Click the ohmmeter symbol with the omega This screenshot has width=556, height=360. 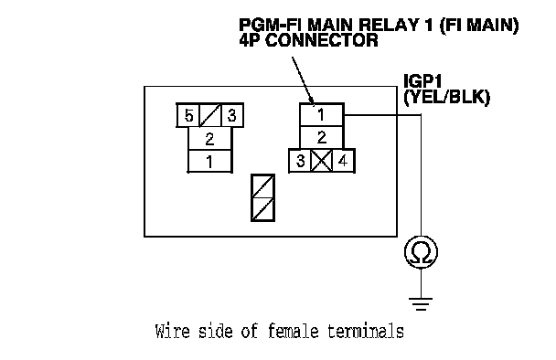click(421, 252)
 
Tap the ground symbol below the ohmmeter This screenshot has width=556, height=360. click(421, 304)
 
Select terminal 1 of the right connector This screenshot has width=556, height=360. click(322, 114)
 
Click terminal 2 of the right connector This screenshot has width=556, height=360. click(322, 137)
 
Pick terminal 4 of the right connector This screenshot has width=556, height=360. click(343, 161)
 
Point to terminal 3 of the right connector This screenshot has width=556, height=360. click(300, 161)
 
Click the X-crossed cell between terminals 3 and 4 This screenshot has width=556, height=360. click(322, 161)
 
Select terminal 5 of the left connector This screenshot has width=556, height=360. click(188, 115)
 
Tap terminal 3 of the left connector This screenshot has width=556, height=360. click(232, 115)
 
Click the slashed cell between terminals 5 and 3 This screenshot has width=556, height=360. click(210, 115)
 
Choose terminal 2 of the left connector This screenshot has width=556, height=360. click(209, 139)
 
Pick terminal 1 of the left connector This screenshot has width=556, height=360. click(209, 161)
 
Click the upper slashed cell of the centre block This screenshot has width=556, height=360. click(262, 186)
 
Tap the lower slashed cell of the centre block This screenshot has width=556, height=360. click(262, 209)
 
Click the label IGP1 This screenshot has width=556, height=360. click(422, 81)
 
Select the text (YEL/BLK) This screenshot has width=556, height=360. click(447, 97)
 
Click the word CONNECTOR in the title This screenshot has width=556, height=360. click(322, 40)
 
